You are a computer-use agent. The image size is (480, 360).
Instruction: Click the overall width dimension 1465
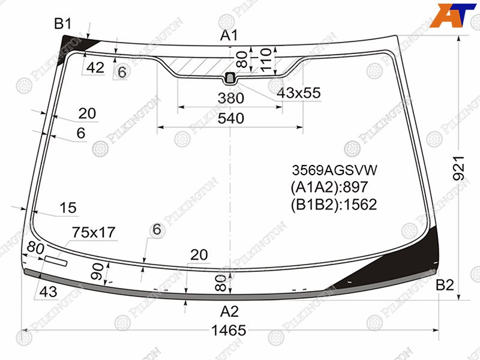tap(229, 331)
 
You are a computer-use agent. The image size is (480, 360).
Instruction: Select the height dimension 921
tap(459, 168)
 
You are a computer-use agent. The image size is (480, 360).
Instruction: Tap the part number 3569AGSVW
tap(335, 170)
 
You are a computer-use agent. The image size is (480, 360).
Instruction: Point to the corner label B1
tap(63, 23)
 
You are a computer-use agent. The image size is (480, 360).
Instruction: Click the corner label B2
tap(445, 286)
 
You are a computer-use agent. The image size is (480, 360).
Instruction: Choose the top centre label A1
tap(229, 36)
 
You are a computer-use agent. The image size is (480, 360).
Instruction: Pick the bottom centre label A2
tap(229, 312)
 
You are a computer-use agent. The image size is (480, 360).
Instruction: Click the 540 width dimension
tap(231, 118)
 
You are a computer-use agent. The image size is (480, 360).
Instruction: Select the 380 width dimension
tap(231, 98)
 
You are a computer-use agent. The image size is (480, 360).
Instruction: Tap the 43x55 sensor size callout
tap(299, 93)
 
